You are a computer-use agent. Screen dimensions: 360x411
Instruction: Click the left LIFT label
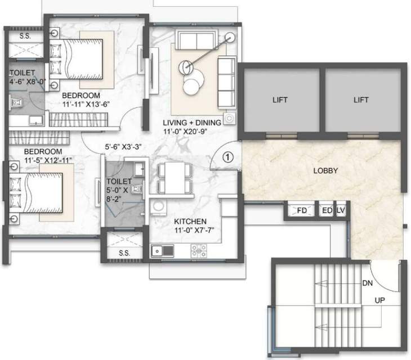[x=280, y=100]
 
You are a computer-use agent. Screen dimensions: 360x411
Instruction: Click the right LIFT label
[x=361, y=100]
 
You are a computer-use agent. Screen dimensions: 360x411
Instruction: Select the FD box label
[x=302, y=210]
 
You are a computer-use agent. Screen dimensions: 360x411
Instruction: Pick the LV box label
[x=340, y=210]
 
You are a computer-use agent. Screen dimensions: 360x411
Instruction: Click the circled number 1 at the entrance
[x=226, y=157]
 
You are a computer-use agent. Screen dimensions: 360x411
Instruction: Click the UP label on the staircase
[x=381, y=301]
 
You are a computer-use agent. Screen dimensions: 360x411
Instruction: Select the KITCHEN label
[x=190, y=221]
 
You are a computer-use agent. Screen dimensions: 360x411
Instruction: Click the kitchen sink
[x=159, y=250]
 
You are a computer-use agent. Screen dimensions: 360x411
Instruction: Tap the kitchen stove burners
[x=198, y=249]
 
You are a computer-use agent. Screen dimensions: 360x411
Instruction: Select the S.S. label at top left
[x=25, y=36]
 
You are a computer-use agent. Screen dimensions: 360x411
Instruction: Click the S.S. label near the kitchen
[x=124, y=253]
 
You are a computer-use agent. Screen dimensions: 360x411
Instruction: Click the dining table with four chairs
[x=175, y=178]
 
